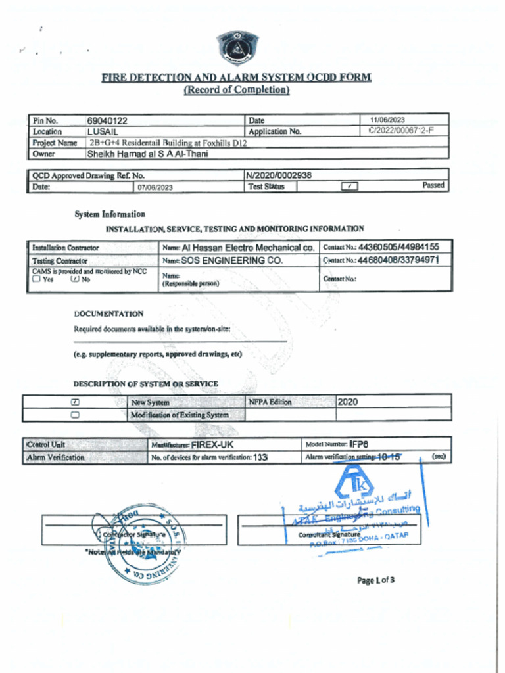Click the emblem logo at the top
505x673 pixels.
237,47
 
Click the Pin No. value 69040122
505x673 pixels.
107,121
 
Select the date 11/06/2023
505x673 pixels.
387,120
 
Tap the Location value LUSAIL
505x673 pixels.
103,131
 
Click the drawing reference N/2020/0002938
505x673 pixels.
279,175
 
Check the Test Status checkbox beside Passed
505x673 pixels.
349,187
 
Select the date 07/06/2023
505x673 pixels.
155,187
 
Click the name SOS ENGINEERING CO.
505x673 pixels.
232,260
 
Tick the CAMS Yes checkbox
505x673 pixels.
36,279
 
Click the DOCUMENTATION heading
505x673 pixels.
108,314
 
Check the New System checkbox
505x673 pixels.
75,402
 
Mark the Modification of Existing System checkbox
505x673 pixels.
75,415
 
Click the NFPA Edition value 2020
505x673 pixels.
348,402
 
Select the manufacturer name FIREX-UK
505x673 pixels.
212,444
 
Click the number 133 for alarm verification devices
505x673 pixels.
260,457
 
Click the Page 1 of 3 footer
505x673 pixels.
375,580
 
